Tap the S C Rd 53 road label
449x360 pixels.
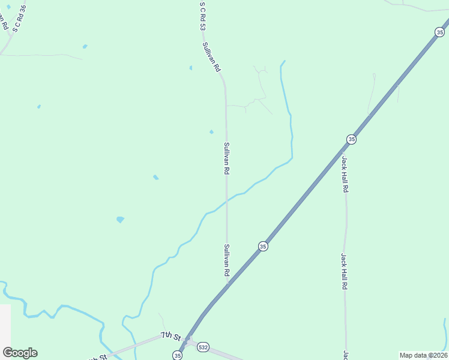[203, 16]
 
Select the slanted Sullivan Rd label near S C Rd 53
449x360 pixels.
[212, 57]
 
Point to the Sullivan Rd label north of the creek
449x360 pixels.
[226, 158]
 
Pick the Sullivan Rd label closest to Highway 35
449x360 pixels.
[227, 260]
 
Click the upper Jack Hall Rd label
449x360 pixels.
[345, 174]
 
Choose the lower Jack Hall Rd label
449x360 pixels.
[345, 271]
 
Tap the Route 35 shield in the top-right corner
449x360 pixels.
[439, 32]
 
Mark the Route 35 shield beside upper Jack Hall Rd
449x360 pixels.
[351, 139]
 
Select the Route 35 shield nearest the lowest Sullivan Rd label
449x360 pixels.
[263, 246]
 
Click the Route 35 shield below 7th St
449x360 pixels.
[178, 355]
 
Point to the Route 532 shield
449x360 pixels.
[203, 347]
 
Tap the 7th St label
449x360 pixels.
[170, 335]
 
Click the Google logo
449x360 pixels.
[20, 353]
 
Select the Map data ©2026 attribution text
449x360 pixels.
[423, 355]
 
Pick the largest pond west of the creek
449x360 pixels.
[120, 220]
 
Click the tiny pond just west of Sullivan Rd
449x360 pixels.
[211, 132]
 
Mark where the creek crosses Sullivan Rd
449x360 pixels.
[226, 202]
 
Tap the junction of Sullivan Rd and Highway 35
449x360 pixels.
[228, 284]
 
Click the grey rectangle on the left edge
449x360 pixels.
[5, 324]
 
